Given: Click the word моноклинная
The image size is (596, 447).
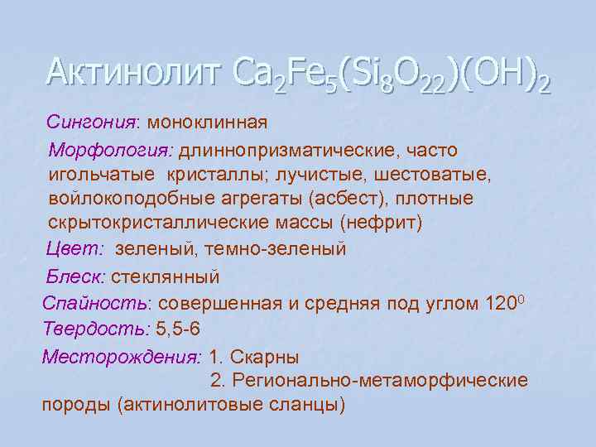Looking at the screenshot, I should click(x=207, y=123).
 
